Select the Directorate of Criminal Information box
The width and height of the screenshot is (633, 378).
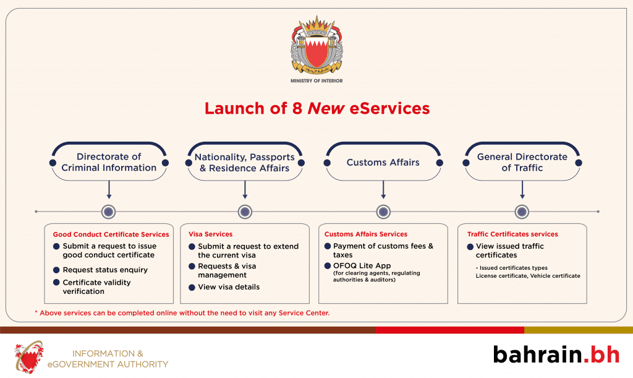(108, 162)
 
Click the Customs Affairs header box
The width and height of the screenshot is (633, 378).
(383, 163)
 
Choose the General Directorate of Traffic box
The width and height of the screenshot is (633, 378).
(522, 162)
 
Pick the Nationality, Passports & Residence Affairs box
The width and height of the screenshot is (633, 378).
(245, 162)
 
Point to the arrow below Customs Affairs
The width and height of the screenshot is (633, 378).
(383, 189)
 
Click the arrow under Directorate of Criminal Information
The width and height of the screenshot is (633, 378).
(109, 189)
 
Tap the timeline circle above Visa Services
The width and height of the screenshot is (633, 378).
(245, 212)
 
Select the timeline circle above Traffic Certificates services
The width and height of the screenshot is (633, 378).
(522, 212)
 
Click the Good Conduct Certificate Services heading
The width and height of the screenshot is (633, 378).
(111, 234)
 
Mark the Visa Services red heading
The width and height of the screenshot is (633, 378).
(210, 234)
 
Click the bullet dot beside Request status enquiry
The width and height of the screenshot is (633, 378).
(56, 270)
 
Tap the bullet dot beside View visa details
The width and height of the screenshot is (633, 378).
(192, 287)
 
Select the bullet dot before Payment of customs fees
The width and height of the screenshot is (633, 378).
(328, 246)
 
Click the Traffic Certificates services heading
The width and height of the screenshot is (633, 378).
(512, 234)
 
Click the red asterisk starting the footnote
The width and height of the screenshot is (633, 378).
(36, 313)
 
